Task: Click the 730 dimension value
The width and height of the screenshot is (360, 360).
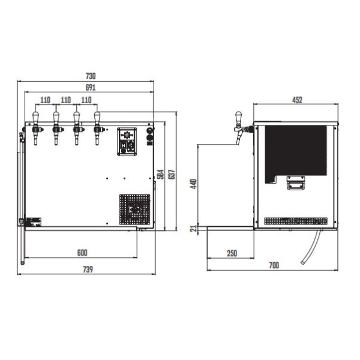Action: pyautogui.click(x=91, y=76)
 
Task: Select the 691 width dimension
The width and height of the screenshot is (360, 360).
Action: pyautogui.click(x=91, y=88)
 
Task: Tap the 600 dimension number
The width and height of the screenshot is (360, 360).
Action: pyautogui.click(x=82, y=253)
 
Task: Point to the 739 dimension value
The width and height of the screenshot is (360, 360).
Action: pyautogui.click(x=88, y=269)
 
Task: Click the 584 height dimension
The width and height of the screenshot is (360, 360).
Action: pyautogui.click(x=161, y=174)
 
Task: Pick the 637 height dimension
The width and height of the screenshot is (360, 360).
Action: pyautogui.click(x=172, y=174)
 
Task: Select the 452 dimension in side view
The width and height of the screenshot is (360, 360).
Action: pyautogui.click(x=298, y=100)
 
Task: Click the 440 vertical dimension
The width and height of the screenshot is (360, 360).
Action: pyautogui.click(x=194, y=184)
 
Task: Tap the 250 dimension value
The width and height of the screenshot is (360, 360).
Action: pyautogui.click(x=232, y=253)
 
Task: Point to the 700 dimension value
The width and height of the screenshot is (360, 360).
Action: pyautogui.click(x=274, y=265)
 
